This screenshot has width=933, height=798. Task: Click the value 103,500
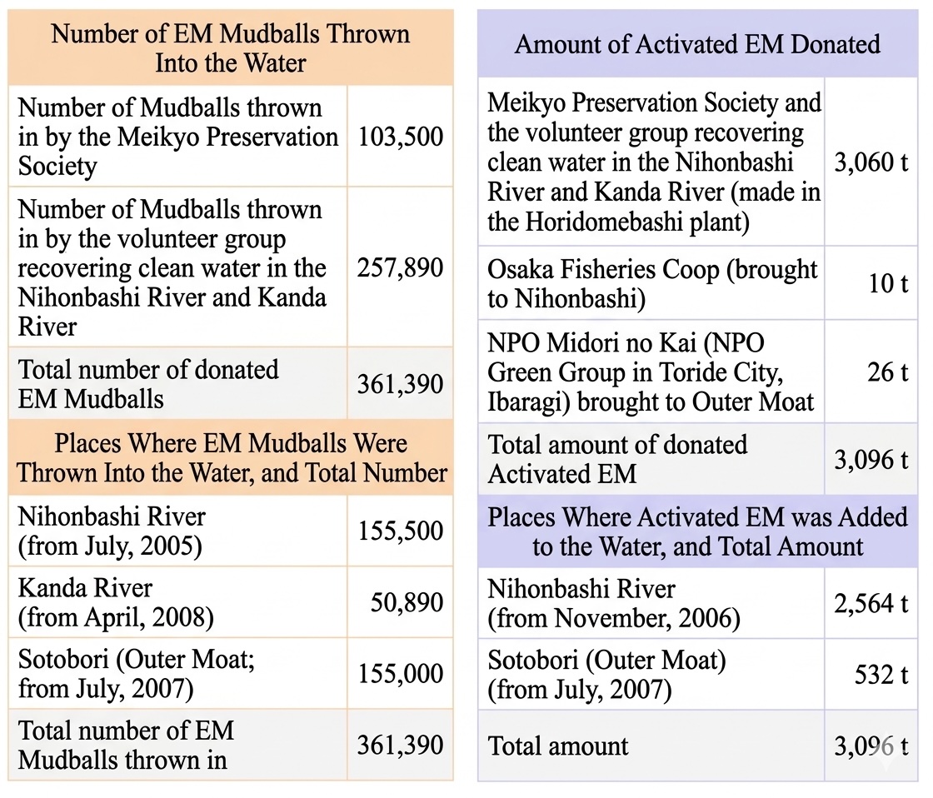click(x=400, y=137)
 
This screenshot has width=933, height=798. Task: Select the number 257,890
click(x=400, y=268)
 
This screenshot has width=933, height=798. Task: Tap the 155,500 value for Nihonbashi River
click(x=400, y=531)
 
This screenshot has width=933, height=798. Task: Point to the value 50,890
click(x=407, y=602)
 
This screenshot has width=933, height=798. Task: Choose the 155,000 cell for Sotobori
click(x=400, y=673)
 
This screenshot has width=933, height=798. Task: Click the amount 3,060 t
click(x=871, y=162)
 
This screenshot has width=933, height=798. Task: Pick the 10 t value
click(x=888, y=283)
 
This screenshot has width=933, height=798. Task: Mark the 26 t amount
click(x=887, y=372)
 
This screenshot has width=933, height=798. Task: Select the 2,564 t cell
click(x=871, y=603)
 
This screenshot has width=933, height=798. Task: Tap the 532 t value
click(x=881, y=674)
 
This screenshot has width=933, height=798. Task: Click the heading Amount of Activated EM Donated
click(x=697, y=44)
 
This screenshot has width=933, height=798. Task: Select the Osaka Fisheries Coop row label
click(x=652, y=284)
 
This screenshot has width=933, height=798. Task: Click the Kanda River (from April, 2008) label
click(x=116, y=602)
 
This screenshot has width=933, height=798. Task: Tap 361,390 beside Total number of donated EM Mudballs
click(x=400, y=385)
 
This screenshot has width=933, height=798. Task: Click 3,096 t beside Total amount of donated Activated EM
click(x=871, y=460)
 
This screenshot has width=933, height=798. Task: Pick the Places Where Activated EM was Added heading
click(x=697, y=531)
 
